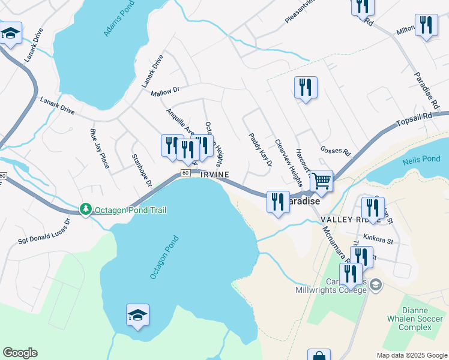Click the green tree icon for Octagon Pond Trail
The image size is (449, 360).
tap(86, 209)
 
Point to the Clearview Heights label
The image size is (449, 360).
tap(288, 163)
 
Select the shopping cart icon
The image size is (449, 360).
tap(322, 181)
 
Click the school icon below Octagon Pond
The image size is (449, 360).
tap(137, 315)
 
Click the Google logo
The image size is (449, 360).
tap(20, 353)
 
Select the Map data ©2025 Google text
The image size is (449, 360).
tap(411, 355)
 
